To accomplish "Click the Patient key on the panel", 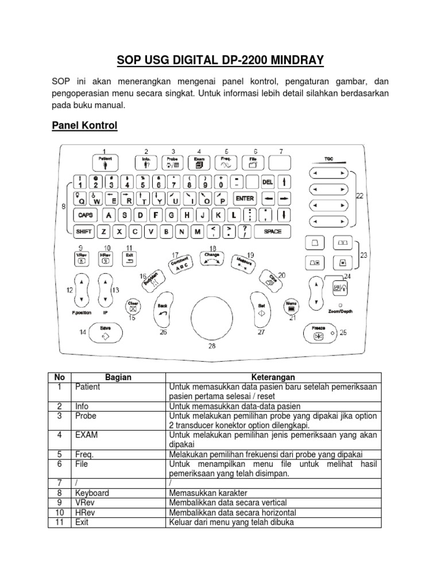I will coord(105,162).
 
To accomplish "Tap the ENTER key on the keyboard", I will coord(245,199).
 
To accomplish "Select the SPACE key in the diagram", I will coord(272,231).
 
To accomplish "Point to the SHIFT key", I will coord(84,231).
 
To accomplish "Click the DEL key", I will coord(268,182).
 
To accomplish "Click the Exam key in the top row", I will coord(199,162).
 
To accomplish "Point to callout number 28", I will coord(212,346).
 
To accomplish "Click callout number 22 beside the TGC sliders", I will coord(359,196).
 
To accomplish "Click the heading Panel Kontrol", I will coord(84,126).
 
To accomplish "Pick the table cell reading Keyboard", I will coord(92,493).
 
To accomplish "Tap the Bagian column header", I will coord(118,377).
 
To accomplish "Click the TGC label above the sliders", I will coord(328,158).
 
